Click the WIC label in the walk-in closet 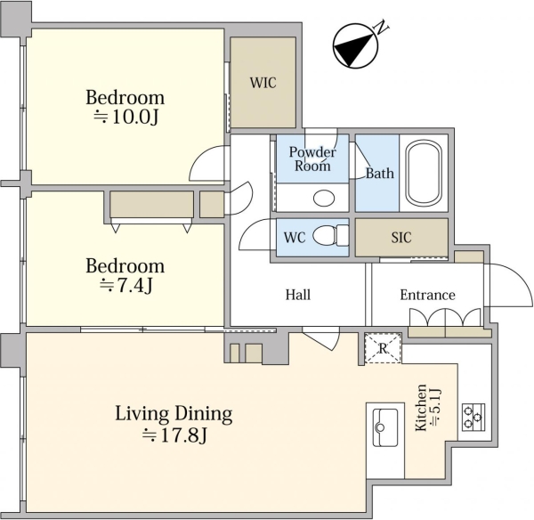263,83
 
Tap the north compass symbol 355,46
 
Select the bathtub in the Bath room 424,174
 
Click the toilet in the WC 330,235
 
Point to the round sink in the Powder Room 324,198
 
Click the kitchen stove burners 473,417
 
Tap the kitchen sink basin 385,427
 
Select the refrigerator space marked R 383,348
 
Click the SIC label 401,238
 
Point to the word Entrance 427,295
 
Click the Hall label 298,295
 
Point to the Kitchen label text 421,408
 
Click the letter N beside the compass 382,28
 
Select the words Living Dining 174,414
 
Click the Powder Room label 312,158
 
